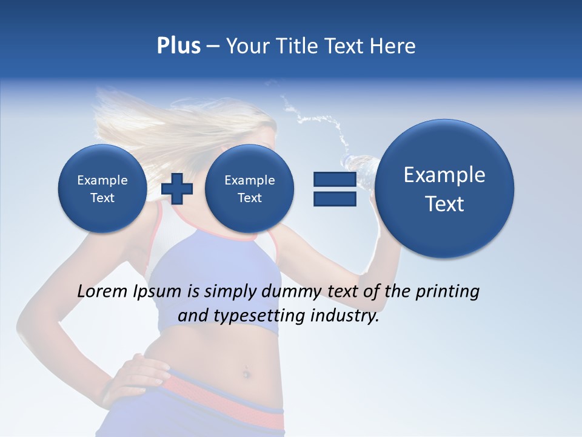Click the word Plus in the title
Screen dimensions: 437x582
pos(178,46)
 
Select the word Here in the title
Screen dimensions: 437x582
pos(393,46)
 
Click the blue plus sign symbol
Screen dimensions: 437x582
pos(177,189)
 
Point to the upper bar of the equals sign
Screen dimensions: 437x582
pos(335,179)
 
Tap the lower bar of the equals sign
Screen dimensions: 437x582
pos(335,199)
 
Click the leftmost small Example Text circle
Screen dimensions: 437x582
pos(102,189)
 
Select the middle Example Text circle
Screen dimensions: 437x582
pos(249,189)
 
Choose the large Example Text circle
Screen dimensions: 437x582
pos(444,189)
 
